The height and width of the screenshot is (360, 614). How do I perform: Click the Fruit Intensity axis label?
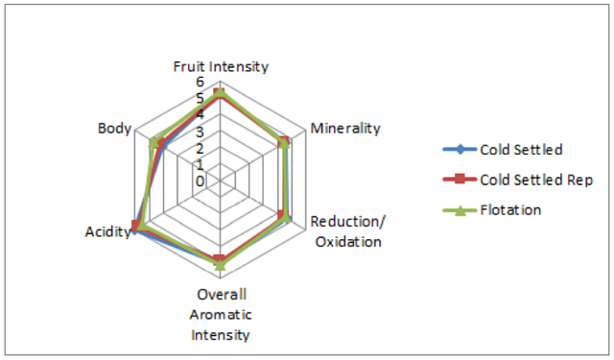tap(221, 67)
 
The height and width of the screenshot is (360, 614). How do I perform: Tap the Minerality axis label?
tap(345, 129)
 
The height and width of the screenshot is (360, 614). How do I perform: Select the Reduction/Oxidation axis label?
tap(348, 231)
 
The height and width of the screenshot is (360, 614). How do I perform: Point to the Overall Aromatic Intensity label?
tap(221, 315)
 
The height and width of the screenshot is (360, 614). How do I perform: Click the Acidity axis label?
tap(108, 232)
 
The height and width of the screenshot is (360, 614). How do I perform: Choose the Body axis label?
tap(114, 129)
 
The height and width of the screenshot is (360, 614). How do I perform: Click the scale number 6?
tap(201, 82)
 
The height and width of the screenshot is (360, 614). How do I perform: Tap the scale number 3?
tap(201, 132)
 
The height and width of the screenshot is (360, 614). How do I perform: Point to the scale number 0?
tap(201, 181)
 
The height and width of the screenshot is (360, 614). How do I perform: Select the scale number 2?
tap(201, 149)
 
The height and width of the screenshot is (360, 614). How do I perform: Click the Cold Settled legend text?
tap(521, 150)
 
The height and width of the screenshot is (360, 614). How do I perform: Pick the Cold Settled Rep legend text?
tap(536, 180)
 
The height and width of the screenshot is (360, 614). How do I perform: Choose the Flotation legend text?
tap(510, 210)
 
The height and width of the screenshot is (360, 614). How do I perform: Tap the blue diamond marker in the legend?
tap(460, 149)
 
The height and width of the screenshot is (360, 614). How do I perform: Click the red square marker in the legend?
tap(460, 180)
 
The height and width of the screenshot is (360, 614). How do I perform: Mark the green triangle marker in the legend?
tap(460, 210)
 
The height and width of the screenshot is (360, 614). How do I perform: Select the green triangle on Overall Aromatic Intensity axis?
tap(221, 265)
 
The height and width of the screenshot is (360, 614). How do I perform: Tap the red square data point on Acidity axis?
tap(135, 227)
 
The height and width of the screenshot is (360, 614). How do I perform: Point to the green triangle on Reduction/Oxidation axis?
tap(287, 218)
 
